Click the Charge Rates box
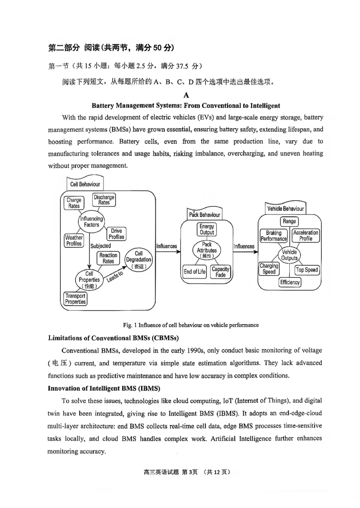pyautogui.click(x=74, y=203)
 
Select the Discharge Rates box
pyautogui.click(x=104, y=200)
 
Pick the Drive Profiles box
pyautogui.click(x=116, y=234)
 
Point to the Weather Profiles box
pyautogui.click(x=74, y=241)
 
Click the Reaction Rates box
pyautogui.click(x=108, y=258)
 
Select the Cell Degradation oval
pyautogui.click(x=138, y=260)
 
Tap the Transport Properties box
pyautogui.click(x=75, y=299)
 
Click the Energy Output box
pyautogui.click(x=207, y=230)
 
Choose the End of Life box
pyautogui.click(x=194, y=272)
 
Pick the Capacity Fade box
pyautogui.click(x=220, y=272)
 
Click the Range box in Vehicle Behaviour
pyautogui.click(x=289, y=221)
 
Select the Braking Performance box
pyautogui.click(x=273, y=236)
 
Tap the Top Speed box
pyautogui.click(x=306, y=270)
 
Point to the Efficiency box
pyautogui.click(x=290, y=283)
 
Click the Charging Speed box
pyautogui.click(x=269, y=269)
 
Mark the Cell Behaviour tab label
pyautogui.click(x=85, y=184)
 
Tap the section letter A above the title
pyautogui.click(x=186, y=95)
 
